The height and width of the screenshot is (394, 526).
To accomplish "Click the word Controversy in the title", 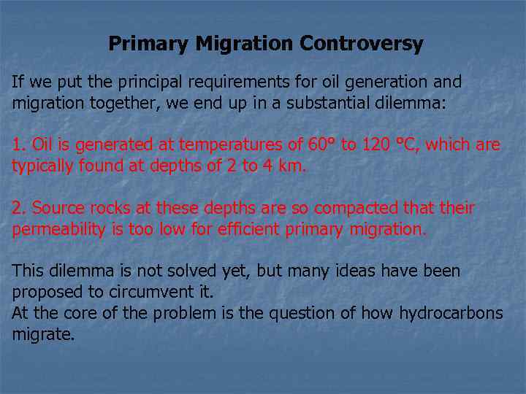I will pyautogui.click(x=362, y=44).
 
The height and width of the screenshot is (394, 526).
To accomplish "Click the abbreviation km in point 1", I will pyautogui.click(x=289, y=166).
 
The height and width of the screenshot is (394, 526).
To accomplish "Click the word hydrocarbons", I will pyautogui.click(x=451, y=314).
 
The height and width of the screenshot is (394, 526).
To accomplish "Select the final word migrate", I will pyautogui.click(x=43, y=335).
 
